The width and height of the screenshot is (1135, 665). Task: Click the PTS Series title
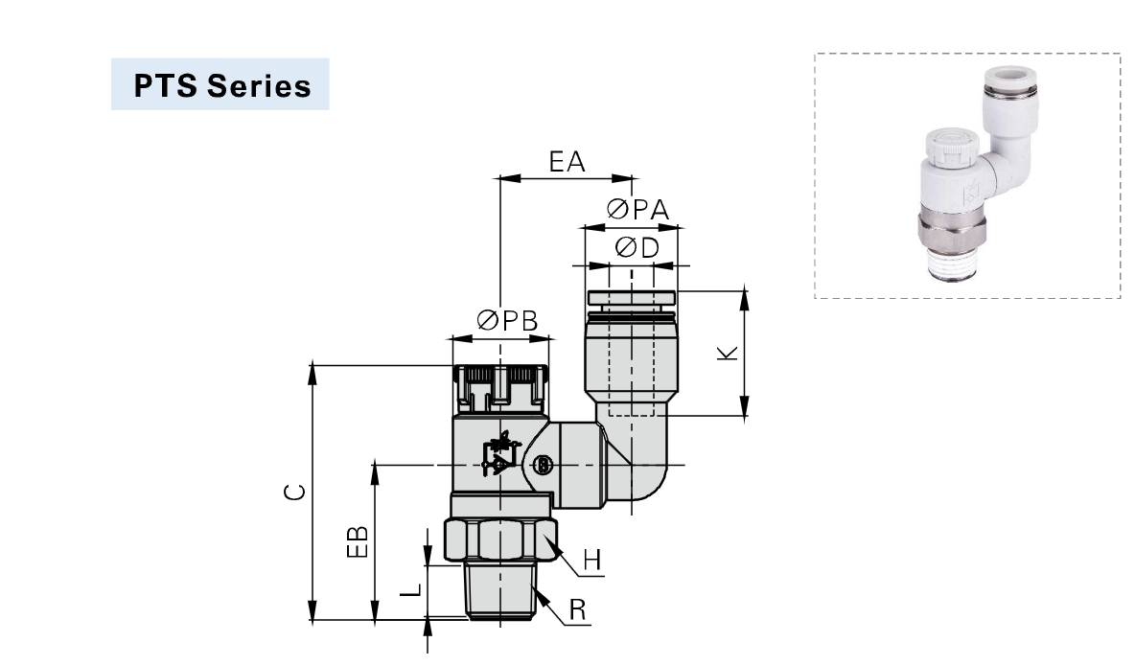221,85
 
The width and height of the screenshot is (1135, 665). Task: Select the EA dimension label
567,161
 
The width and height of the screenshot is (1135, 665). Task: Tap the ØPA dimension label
637,210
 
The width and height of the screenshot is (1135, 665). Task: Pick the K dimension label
729,353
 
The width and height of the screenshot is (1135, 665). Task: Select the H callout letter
593,561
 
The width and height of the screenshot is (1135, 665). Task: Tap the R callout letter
577,609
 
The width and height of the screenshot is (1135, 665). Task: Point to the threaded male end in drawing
500,590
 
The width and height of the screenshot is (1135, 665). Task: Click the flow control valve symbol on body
499,454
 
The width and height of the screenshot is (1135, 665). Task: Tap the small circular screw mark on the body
543,466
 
